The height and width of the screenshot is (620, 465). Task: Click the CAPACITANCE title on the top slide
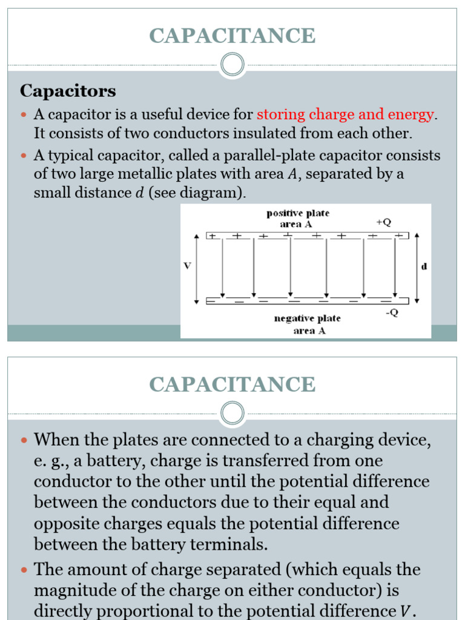(x=232, y=36)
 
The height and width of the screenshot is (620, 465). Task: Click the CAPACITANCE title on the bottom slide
(x=232, y=384)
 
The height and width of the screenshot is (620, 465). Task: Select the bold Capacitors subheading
(x=68, y=91)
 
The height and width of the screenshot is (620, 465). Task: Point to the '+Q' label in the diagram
(x=383, y=222)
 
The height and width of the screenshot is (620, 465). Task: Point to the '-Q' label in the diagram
(x=392, y=313)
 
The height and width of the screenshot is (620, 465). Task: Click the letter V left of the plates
(x=188, y=266)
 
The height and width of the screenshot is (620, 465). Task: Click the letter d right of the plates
(x=424, y=266)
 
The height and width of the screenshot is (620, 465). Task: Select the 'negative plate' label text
(x=309, y=318)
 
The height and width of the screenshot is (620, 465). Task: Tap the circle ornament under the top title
(x=232, y=64)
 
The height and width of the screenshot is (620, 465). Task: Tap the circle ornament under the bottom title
(x=232, y=414)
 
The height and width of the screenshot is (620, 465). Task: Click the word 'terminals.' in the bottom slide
(x=230, y=544)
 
